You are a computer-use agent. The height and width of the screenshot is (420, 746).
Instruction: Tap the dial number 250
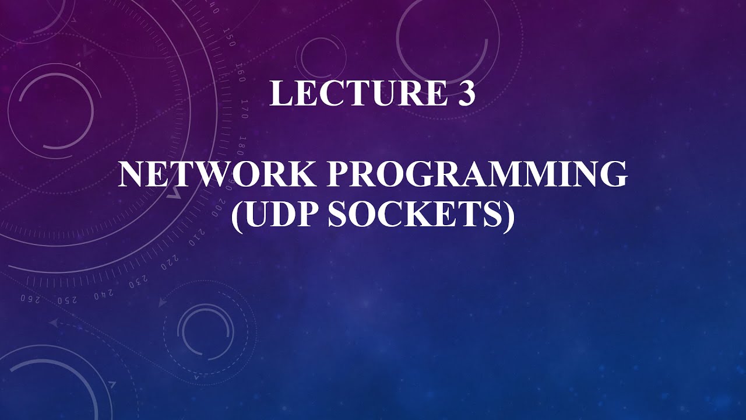pyautogui.click(x=67, y=299)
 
